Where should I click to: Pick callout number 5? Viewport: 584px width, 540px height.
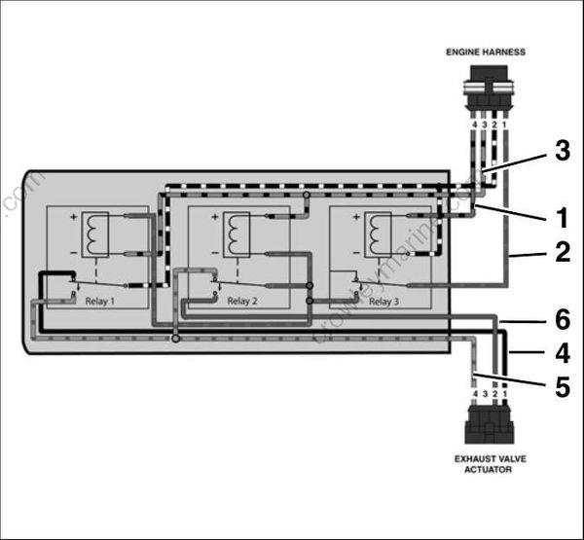(561, 386)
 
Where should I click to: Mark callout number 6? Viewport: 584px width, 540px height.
(561, 318)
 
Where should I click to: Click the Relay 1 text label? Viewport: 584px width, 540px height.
(98, 302)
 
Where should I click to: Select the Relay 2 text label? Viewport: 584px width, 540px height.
(242, 302)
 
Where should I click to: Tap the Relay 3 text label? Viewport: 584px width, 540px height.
(383, 302)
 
